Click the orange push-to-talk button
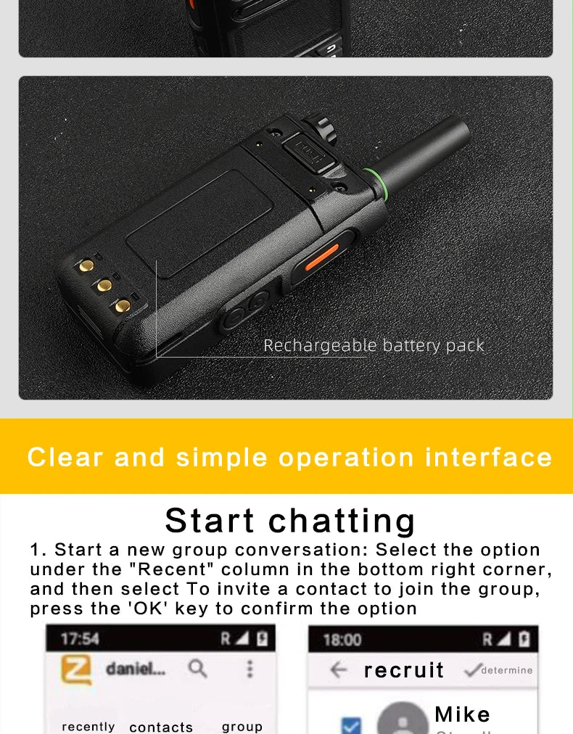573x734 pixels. pos(321,257)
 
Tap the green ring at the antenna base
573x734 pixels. pos(376,184)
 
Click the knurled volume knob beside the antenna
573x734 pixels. pos(321,128)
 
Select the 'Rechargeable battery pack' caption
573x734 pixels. pos(374,345)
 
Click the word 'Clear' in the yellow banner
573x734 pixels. pos(65,457)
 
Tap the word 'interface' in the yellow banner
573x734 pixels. pos(489,457)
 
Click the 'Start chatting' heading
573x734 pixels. pos(290,521)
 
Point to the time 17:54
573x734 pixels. pos(80,639)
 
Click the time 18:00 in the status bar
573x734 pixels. pos(342,640)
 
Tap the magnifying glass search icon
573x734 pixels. pos(197,669)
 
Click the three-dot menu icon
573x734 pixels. pos(250,669)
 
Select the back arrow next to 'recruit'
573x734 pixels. pos(339,670)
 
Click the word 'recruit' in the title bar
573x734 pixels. pos(403,670)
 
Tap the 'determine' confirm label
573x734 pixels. pos(506,670)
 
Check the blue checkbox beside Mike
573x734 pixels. pos(351,725)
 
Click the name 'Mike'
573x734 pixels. pos(462,714)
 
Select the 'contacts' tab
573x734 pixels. pos(161,727)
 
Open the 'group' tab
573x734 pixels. pos(242,727)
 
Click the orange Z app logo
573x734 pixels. pos(77,670)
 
